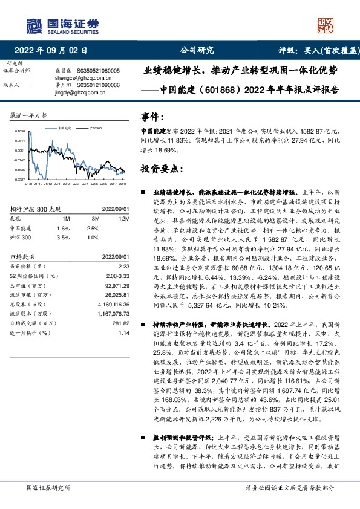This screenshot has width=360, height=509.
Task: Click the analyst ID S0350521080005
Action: point(99,71)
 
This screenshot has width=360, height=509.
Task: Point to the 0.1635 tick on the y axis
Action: point(20,131)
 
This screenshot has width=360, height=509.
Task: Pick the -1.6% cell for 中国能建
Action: point(62,228)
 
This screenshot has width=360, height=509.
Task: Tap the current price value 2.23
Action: point(125,266)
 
